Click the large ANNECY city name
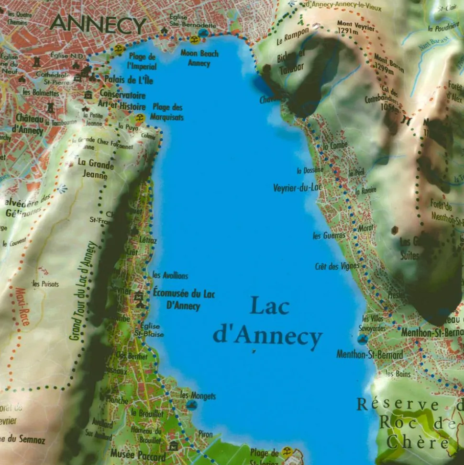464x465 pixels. point(98,24)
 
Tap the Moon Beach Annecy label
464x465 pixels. point(199,58)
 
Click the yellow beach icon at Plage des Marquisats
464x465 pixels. point(140,117)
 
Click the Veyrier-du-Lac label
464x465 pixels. point(297,188)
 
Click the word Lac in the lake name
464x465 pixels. point(270,306)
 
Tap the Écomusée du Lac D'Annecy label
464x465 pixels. point(184,299)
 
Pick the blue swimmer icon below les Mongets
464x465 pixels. point(192,406)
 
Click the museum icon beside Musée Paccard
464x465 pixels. point(173,446)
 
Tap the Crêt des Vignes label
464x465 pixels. point(337,267)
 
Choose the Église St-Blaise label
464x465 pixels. point(143,329)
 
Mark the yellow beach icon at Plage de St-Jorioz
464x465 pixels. point(287,451)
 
